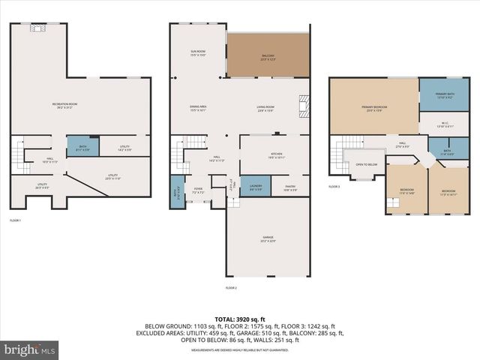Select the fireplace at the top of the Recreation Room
37,28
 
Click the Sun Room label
197,53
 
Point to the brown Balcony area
267,56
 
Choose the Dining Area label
198,108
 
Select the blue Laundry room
256,187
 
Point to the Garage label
268,240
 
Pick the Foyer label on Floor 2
198,190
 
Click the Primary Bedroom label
373,109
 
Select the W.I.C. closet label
444,124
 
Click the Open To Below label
366,163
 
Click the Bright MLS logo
30,349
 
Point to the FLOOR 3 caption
334,187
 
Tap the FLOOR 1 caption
16,220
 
